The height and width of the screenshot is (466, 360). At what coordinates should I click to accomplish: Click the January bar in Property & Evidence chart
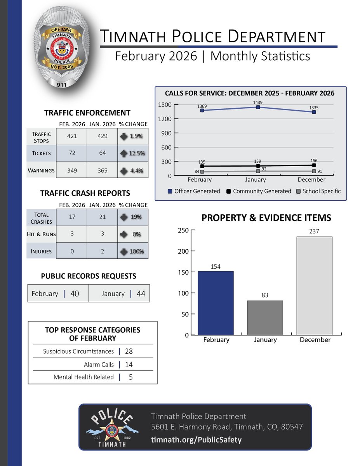point(266,318)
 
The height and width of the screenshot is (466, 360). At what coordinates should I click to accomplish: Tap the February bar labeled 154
point(216,303)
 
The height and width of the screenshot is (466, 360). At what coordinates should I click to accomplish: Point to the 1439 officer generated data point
point(258,107)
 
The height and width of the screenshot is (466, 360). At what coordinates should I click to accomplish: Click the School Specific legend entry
point(318,191)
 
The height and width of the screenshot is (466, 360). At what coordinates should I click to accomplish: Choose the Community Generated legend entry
point(258,191)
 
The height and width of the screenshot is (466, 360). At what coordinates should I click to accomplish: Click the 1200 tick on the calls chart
point(165,119)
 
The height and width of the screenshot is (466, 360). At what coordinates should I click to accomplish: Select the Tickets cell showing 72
point(71,153)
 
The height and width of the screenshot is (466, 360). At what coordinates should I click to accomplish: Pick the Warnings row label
point(41,170)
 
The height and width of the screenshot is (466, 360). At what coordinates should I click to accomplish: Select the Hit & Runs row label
point(41,234)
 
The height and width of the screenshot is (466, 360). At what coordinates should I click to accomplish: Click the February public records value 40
point(75,294)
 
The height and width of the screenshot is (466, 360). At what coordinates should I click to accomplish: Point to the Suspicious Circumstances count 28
point(129,351)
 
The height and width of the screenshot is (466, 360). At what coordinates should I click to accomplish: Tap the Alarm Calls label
point(99,365)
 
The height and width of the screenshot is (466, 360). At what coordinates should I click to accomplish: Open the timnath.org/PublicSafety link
point(196,440)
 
